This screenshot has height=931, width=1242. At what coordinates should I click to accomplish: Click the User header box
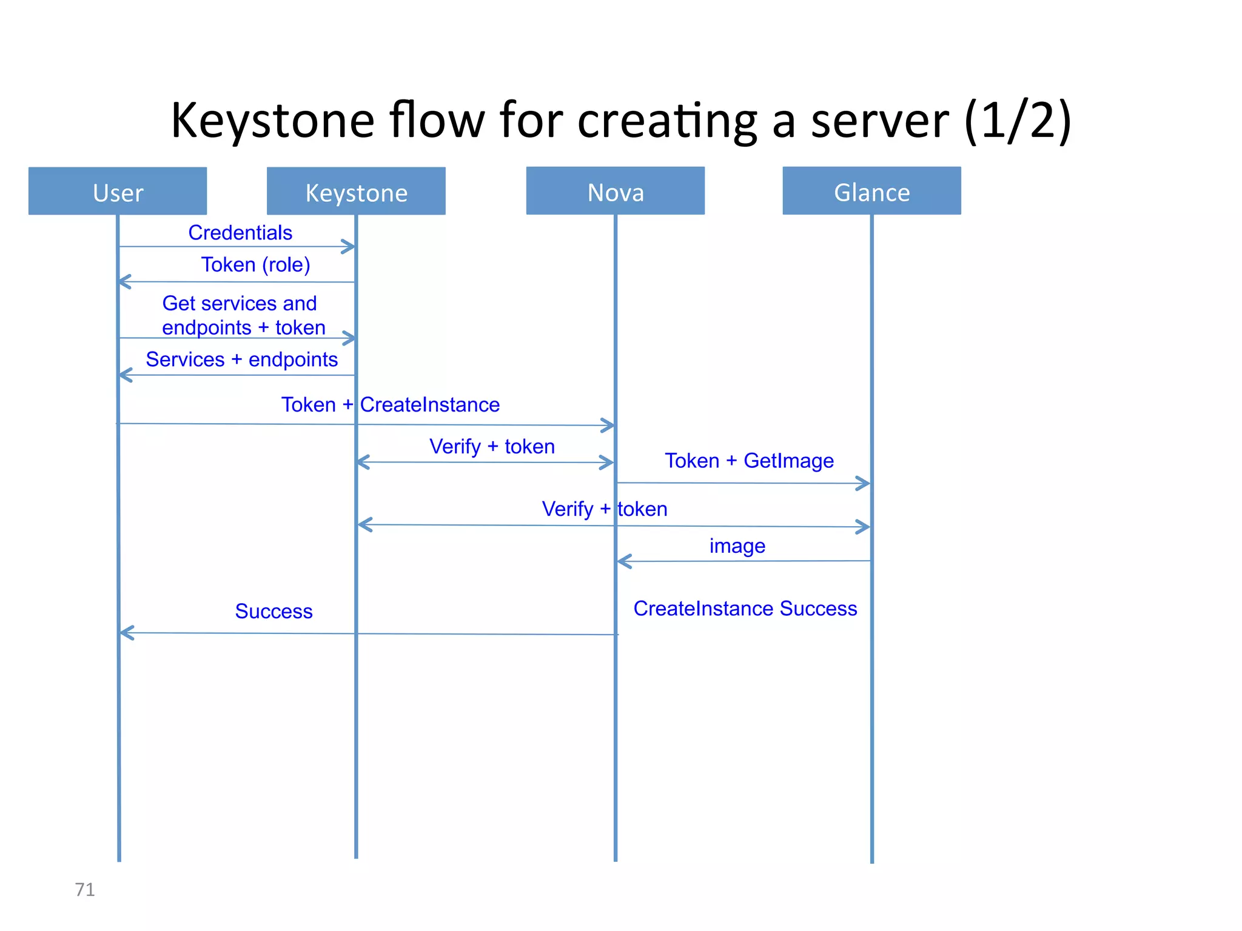coord(118,192)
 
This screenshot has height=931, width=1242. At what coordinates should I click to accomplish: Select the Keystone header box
coord(356,192)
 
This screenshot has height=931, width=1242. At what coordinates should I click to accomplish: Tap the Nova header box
coord(615,191)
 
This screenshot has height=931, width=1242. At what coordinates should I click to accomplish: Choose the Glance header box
coord(871,191)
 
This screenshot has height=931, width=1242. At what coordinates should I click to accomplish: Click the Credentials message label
coord(240,233)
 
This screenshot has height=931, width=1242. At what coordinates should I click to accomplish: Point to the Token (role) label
coord(255,265)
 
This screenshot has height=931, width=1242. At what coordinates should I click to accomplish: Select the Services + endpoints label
coord(241,359)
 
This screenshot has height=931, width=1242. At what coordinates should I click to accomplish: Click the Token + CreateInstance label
coord(390,404)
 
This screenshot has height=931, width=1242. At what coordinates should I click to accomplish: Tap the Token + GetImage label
coord(749,461)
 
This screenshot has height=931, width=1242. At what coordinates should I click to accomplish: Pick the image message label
coord(737,546)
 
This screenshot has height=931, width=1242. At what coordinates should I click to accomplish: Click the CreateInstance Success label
coord(745,608)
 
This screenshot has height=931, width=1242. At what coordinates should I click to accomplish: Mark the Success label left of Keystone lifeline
coord(274,611)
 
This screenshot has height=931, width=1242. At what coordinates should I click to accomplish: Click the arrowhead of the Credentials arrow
coord(349,247)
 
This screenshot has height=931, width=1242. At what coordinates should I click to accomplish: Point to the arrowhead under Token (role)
coord(124,282)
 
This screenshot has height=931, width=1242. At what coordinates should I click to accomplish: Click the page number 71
coord(84,889)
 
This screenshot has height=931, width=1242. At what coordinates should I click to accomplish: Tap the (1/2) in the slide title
coord(1017,121)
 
